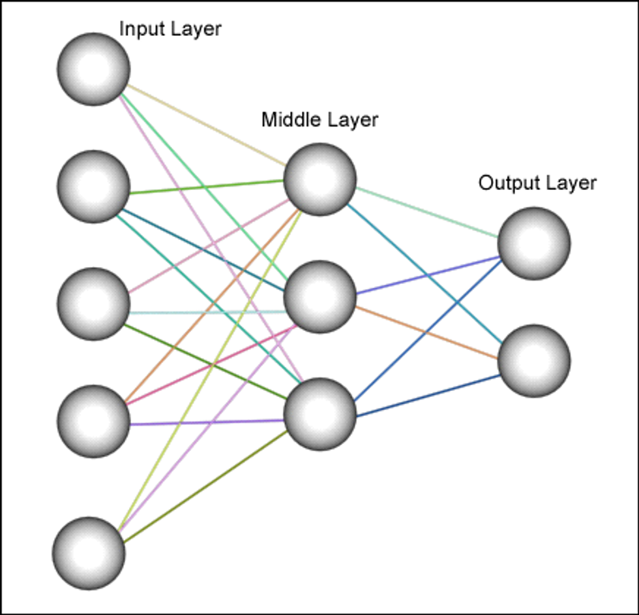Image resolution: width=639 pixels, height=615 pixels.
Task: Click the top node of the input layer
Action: [94, 69]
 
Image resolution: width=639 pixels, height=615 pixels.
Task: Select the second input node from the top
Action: [94, 187]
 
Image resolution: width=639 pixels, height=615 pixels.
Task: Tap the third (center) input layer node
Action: [94, 304]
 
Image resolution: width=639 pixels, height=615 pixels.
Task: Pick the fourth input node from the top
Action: [94, 421]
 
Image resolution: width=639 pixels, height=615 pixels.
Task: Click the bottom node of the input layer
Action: [89, 553]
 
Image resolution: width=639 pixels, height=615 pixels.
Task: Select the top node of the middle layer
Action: [320, 180]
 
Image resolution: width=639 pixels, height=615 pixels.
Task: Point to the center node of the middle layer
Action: [320, 296]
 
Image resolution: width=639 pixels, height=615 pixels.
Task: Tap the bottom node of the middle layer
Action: [320, 414]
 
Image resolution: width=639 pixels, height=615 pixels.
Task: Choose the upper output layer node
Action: [534, 244]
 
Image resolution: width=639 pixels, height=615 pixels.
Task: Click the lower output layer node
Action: [534, 361]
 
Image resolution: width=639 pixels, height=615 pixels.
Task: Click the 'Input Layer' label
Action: [170, 29]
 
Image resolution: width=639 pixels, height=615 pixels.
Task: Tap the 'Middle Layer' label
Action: [319, 120]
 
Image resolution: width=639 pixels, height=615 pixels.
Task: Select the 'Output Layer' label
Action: [537, 183]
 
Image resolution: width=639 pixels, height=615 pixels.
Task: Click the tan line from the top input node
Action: [205, 124]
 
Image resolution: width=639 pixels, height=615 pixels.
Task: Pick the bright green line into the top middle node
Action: [207, 187]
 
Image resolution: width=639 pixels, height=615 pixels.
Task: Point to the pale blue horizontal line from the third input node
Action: [207, 313]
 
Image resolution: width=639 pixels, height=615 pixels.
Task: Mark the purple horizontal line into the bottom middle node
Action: [207, 423]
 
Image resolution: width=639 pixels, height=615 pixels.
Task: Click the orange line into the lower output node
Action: [427, 332]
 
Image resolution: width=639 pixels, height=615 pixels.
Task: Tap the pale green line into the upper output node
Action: [427, 212]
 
